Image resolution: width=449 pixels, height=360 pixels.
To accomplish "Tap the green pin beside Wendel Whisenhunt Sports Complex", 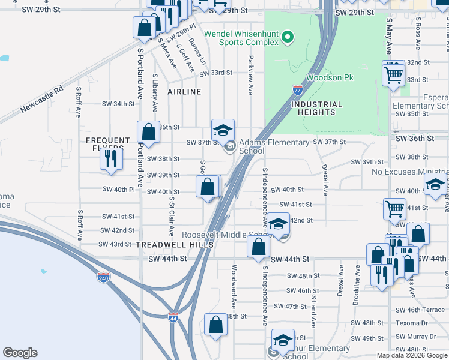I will [288, 38].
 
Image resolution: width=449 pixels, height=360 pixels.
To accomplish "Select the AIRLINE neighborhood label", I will [184, 92].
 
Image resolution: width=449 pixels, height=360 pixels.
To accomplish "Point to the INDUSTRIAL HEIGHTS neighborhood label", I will [316, 108].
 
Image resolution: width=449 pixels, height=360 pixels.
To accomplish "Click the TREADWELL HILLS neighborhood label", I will [175, 245].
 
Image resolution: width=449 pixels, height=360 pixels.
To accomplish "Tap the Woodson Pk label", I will [330, 78].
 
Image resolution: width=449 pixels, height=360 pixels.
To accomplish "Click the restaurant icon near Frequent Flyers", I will [111, 159].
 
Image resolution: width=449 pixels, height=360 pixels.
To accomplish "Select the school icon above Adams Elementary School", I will [223, 130].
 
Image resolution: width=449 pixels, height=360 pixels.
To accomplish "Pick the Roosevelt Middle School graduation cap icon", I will [278, 224].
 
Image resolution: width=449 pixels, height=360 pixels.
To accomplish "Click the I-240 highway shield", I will [103, 277].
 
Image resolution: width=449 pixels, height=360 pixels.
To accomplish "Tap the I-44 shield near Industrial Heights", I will [298, 90].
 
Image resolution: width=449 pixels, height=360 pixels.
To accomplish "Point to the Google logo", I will [20, 353].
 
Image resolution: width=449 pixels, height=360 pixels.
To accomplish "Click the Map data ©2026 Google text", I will [411, 355].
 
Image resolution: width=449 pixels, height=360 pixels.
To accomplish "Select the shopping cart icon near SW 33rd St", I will [394, 75].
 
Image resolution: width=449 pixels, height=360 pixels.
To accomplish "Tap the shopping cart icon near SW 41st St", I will [394, 209].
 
